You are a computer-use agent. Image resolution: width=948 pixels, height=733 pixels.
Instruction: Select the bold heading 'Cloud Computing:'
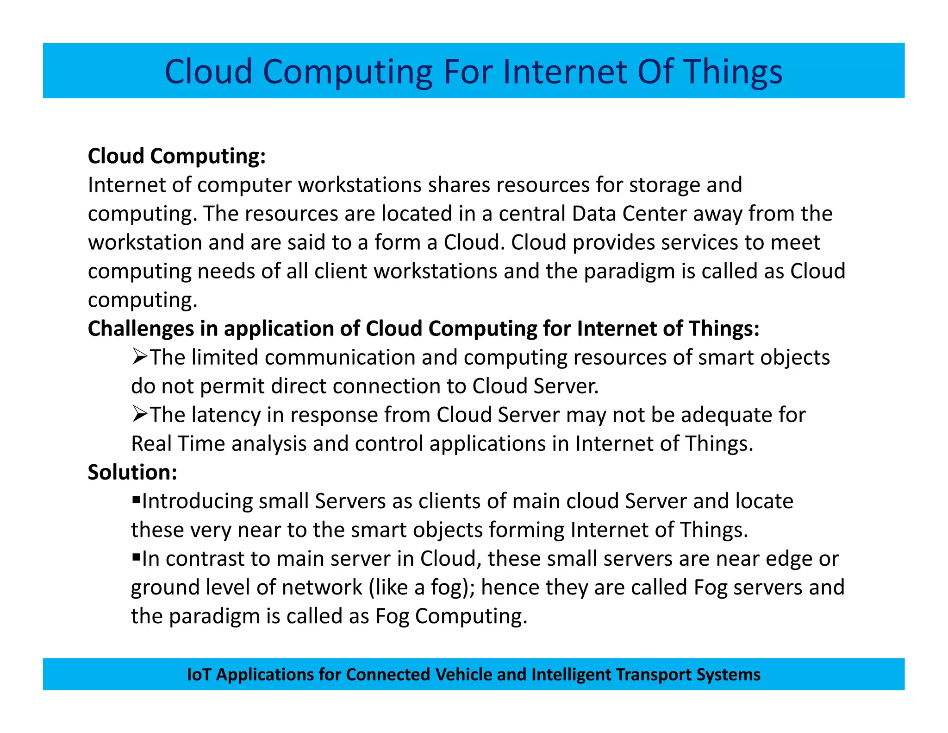(177, 156)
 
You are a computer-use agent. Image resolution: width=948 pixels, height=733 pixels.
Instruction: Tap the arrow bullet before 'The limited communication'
(140, 357)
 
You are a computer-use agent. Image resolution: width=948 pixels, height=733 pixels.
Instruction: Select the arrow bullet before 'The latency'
(140, 414)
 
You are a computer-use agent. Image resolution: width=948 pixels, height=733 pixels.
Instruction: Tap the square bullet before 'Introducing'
(136, 499)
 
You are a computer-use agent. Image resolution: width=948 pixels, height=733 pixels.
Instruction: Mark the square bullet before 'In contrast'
(136, 557)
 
